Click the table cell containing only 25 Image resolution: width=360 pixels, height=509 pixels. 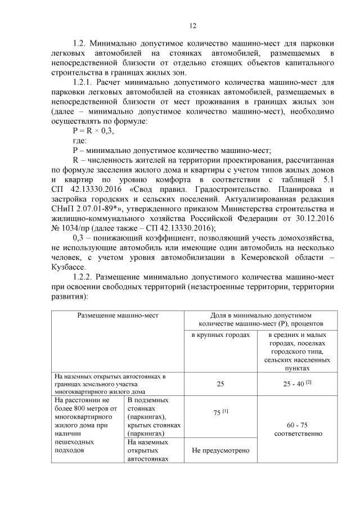point(220,384)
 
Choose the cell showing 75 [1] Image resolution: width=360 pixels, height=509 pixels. point(220,412)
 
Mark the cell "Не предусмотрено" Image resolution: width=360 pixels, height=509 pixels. point(220,451)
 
